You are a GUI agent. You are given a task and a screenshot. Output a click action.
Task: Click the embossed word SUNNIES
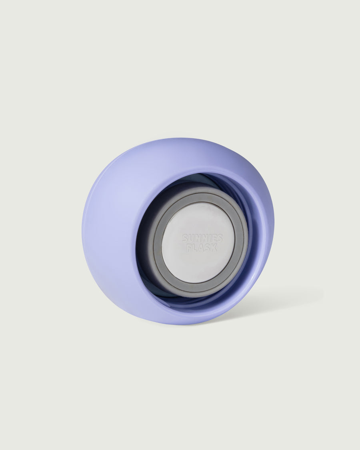pos(202,238)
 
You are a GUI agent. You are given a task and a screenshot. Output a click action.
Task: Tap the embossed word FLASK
pos(202,247)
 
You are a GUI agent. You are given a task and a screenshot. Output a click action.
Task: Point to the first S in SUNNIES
pos(185,238)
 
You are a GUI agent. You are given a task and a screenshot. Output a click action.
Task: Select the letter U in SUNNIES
pos(191,238)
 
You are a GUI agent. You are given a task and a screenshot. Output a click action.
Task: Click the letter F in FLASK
pos(190,247)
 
